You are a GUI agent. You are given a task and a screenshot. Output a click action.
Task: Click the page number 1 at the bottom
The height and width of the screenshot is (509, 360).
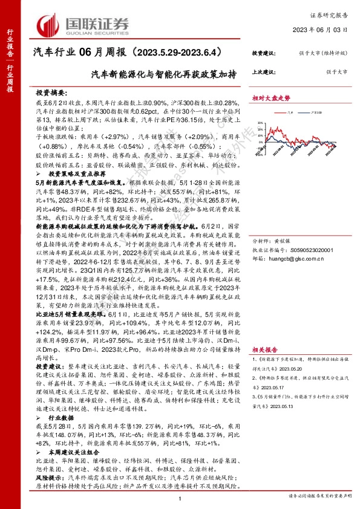pos(180,499)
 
